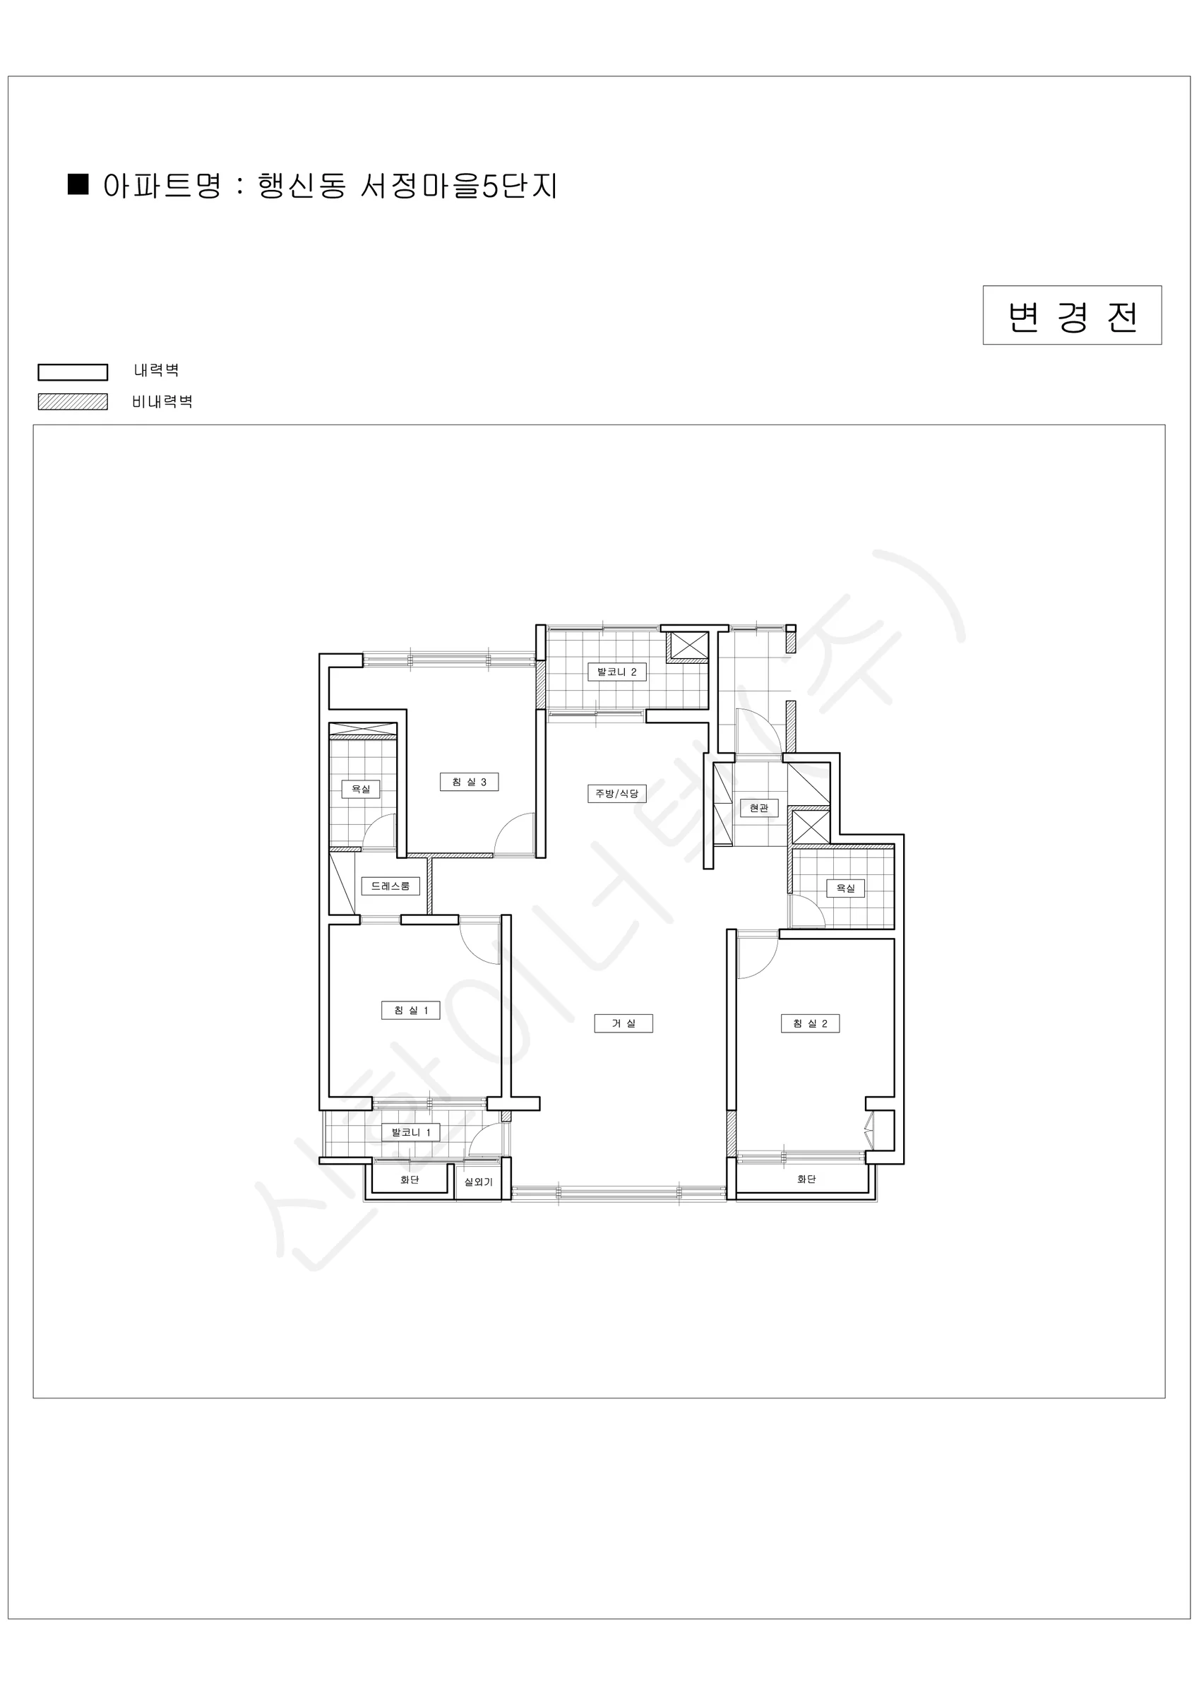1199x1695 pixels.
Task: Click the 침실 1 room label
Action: tap(410, 1010)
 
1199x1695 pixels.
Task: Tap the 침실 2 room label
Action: tap(810, 1023)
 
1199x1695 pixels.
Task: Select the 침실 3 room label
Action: tap(469, 782)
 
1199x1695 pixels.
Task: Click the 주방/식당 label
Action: tap(616, 794)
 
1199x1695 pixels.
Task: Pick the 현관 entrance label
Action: tap(759, 808)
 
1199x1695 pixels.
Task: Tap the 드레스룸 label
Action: tap(390, 886)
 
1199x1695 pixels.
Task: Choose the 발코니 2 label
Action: tap(616, 672)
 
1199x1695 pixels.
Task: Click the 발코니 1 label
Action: tap(410, 1132)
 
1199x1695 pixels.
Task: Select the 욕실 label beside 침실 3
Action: tap(361, 789)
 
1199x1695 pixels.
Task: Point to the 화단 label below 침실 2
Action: tap(806, 1179)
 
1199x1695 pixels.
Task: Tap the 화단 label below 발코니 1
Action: tap(410, 1179)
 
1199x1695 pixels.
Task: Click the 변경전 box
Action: tap(1072, 315)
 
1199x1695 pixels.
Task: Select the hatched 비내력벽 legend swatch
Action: tap(73, 402)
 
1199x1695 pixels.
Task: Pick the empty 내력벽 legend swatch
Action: tap(73, 371)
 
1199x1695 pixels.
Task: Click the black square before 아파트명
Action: tap(78, 184)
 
